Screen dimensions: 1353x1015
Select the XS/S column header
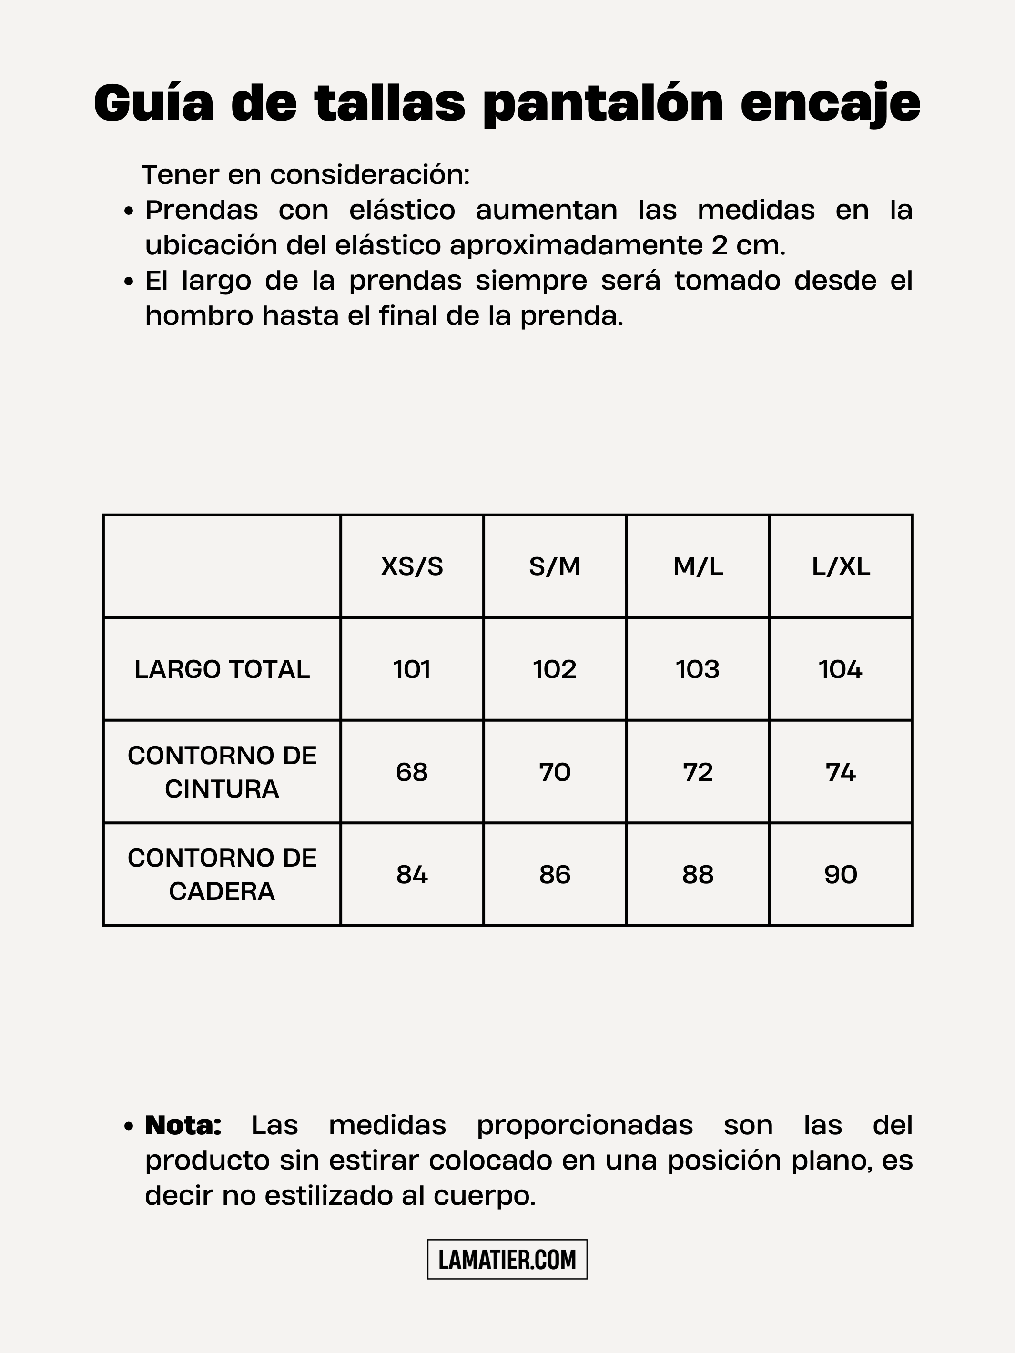click(412, 567)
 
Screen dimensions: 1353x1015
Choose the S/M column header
click(554, 567)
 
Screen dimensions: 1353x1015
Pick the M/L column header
click(698, 567)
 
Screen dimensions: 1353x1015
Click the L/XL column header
click(841, 567)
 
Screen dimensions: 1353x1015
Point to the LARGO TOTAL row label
click(222, 669)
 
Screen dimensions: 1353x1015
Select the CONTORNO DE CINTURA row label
click(222, 772)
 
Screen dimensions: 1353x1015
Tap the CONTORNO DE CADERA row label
click(222, 875)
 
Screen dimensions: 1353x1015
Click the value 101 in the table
click(412, 669)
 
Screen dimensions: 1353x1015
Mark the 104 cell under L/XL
click(841, 669)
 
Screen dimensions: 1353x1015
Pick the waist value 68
click(412, 772)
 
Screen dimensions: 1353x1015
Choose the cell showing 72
click(698, 772)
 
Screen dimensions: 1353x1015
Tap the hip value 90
click(841, 875)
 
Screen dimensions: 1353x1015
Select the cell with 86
click(554, 875)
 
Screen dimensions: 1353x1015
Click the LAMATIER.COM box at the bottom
click(507, 1260)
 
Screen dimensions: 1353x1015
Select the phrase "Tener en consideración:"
click(306, 175)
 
